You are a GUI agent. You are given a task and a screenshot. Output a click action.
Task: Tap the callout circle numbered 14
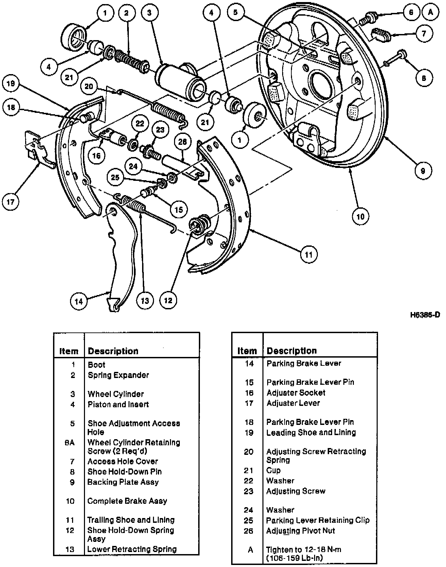point(79,301)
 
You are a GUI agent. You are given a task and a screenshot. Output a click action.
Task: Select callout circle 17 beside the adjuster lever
point(11,202)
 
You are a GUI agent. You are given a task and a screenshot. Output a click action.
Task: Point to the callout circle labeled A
point(431,12)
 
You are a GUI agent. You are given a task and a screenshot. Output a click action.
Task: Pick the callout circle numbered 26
point(183,142)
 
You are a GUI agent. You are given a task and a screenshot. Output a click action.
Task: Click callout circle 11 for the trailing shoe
point(309,254)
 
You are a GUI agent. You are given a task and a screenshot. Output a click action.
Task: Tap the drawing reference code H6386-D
point(425,315)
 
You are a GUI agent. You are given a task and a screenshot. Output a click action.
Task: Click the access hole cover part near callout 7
point(380,34)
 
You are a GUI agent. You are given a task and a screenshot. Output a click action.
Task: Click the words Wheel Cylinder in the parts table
point(116,394)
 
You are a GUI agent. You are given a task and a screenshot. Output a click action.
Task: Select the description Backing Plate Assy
point(123,482)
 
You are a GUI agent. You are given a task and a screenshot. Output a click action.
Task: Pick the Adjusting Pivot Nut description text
point(301,531)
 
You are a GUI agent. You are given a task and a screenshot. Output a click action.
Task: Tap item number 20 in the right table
point(249,452)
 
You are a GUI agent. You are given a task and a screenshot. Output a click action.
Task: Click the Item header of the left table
point(69,351)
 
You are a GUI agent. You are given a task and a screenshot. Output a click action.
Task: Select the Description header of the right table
point(292,351)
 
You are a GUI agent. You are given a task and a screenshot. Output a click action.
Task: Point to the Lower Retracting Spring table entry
point(132,549)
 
